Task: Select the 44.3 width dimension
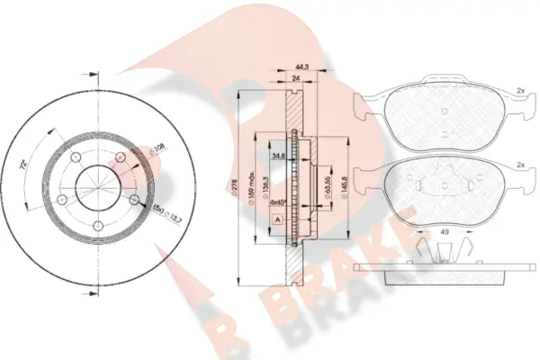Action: click(x=302, y=66)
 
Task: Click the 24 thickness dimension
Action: click(x=295, y=80)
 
